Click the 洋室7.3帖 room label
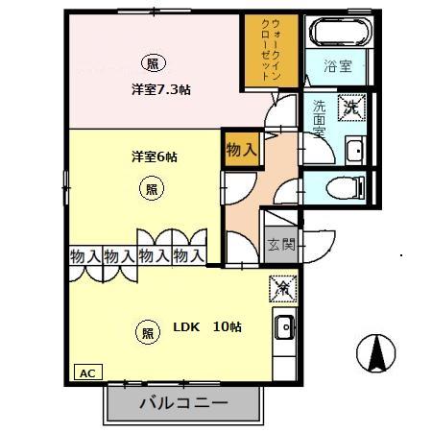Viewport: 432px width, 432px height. click(x=160, y=90)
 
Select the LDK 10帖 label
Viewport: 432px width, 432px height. click(x=206, y=327)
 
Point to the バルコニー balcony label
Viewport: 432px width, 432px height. click(x=182, y=402)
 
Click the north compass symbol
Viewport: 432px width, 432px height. click(x=375, y=354)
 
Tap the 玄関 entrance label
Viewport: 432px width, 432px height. click(x=280, y=246)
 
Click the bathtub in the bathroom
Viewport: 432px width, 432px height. click(x=333, y=34)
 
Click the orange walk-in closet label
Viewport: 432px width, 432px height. click(x=271, y=53)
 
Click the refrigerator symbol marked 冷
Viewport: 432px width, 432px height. click(x=282, y=287)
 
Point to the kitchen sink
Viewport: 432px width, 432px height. click(x=285, y=330)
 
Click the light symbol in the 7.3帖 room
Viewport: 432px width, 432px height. click(x=152, y=64)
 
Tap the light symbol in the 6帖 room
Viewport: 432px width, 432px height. click(x=152, y=190)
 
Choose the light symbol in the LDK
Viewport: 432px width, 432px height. click(x=148, y=333)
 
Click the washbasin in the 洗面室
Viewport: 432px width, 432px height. click(x=353, y=149)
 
